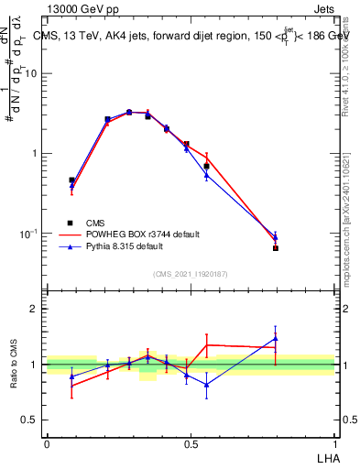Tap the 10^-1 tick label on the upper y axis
29,234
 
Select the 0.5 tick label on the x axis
191,444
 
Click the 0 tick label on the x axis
47,444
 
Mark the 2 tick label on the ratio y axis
36,309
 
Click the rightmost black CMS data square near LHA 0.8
276,248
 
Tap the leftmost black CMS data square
71,180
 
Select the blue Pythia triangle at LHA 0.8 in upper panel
276,237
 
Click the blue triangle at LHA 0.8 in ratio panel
276,339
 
